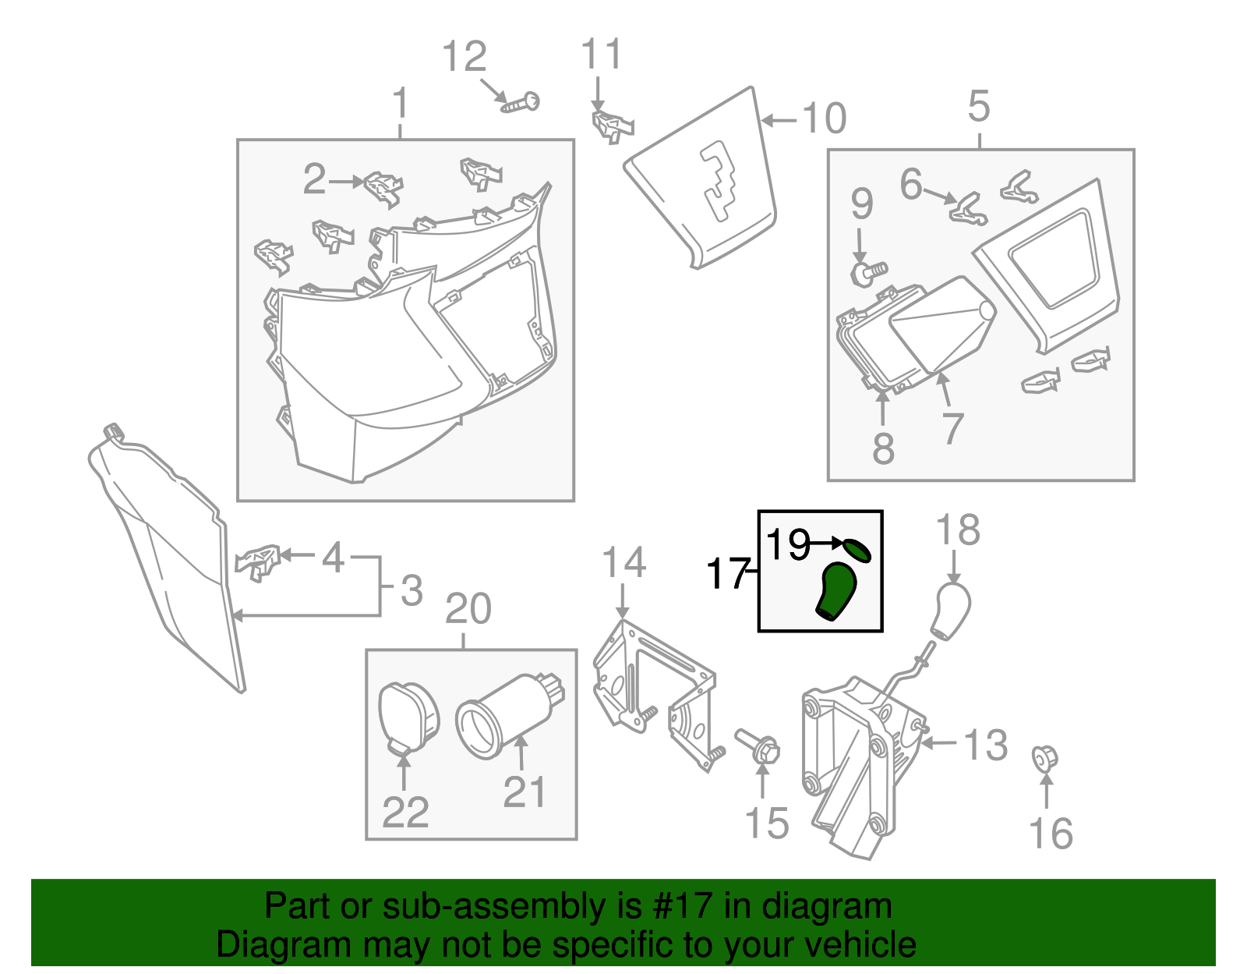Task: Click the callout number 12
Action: (x=464, y=57)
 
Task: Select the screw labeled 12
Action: (x=521, y=103)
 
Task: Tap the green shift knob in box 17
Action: (x=836, y=592)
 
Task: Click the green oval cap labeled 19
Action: (x=857, y=550)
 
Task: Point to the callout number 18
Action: (x=957, y=531)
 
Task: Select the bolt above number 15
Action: (x=757, y=746)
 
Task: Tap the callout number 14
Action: (x=624, y=562)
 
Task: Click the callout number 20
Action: (x=468, y=609)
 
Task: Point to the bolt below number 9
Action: (x=867, y=272)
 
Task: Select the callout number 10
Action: (x=824, y=119)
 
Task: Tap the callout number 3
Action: (x=412, y=590)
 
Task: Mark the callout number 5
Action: (x=979, y=106)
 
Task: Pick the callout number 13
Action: (x=986, y=745)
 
